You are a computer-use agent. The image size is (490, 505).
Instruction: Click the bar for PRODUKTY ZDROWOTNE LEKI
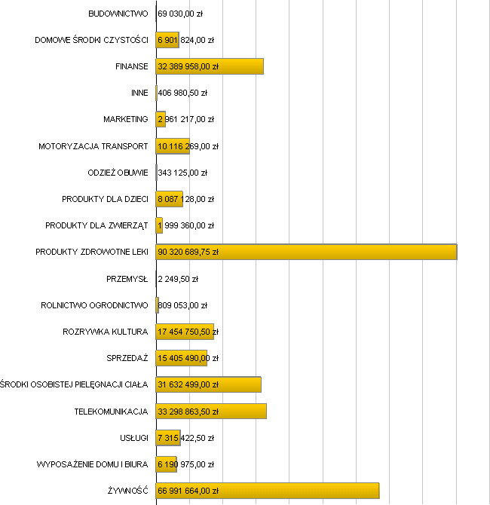(x=306, y=252)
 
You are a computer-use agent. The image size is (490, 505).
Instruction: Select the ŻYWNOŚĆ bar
(x=268, y=491)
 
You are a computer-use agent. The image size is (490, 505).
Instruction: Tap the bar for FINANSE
(x=210, y=66)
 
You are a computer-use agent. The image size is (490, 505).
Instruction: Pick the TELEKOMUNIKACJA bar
(x=211, y=412)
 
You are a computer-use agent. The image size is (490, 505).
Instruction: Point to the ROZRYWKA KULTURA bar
(x=185, y=332)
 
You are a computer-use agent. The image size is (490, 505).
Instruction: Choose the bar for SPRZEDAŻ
(x=182, y=358)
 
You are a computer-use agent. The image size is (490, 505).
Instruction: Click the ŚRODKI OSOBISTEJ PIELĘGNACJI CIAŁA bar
(x=208, y=384)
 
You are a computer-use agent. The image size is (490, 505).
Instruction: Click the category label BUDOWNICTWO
(x=118, y=14)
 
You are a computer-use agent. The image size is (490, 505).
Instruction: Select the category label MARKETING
(x=125, y=119)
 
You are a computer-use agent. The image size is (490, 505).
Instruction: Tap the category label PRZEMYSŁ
(x=127, y=279)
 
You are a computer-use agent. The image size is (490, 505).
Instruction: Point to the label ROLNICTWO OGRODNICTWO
(x=94, y=305)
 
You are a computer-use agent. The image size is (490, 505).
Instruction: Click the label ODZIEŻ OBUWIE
(x=118, y=173)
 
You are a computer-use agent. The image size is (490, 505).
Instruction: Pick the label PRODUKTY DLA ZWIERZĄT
(x=96, y=225)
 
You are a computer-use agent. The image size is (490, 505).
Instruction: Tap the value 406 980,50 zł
(x=182, y=93)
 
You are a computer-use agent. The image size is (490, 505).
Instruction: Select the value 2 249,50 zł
(x=178, y=279)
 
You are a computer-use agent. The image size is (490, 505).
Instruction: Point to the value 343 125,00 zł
(x=182, y=173)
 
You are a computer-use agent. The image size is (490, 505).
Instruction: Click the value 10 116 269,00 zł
(x=188, y=146)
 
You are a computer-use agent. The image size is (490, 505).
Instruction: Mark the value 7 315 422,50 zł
(x=185, y=438)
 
